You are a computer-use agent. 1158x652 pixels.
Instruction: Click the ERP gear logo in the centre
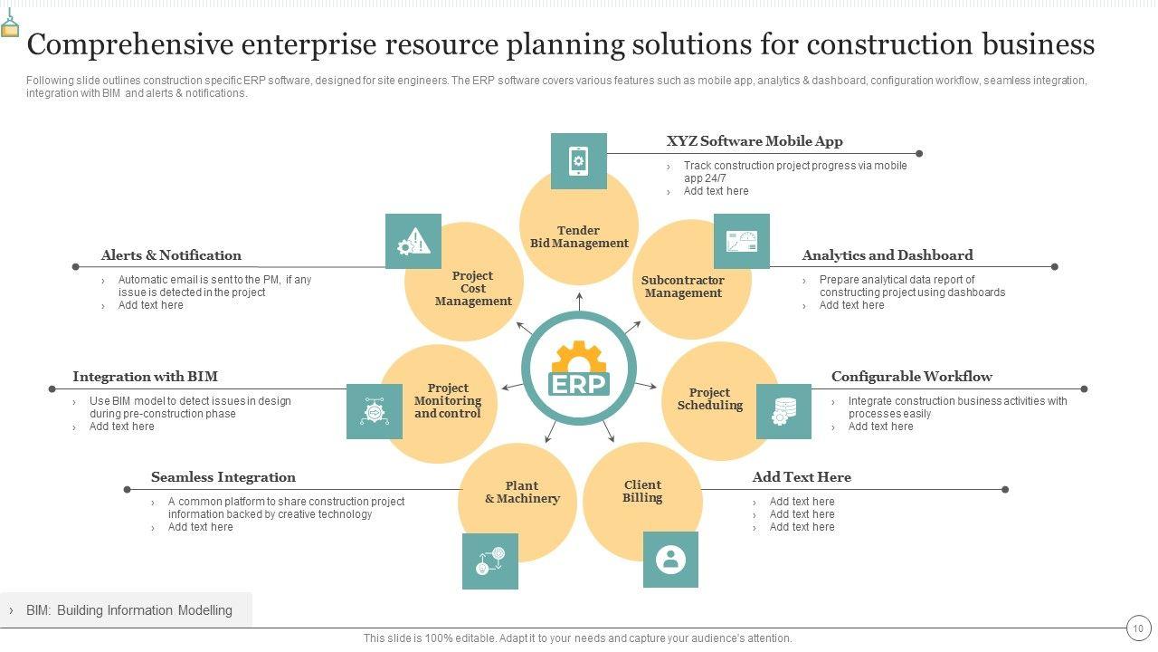point(579,369)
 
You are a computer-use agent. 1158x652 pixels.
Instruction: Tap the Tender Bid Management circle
point(579,236)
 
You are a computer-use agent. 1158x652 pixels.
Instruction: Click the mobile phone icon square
point(579,161)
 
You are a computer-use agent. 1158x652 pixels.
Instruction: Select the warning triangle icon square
point(413,242)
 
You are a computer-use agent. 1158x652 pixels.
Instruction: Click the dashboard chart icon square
point(742,242)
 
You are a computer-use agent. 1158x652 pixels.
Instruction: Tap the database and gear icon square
point(783,411)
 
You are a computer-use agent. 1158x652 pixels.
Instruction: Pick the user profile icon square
point(670,560)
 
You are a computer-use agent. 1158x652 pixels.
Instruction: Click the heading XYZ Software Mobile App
point(755,141)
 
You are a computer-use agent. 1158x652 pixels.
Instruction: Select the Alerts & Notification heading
point(171,255)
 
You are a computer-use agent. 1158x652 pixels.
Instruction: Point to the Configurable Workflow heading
point(911,377)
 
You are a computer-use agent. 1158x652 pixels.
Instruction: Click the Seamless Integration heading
point(223,477)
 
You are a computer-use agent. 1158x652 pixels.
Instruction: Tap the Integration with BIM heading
point(145,377)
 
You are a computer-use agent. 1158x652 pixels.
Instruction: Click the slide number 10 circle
point(1138,628)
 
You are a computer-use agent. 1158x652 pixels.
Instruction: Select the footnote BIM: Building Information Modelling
point(128,610)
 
